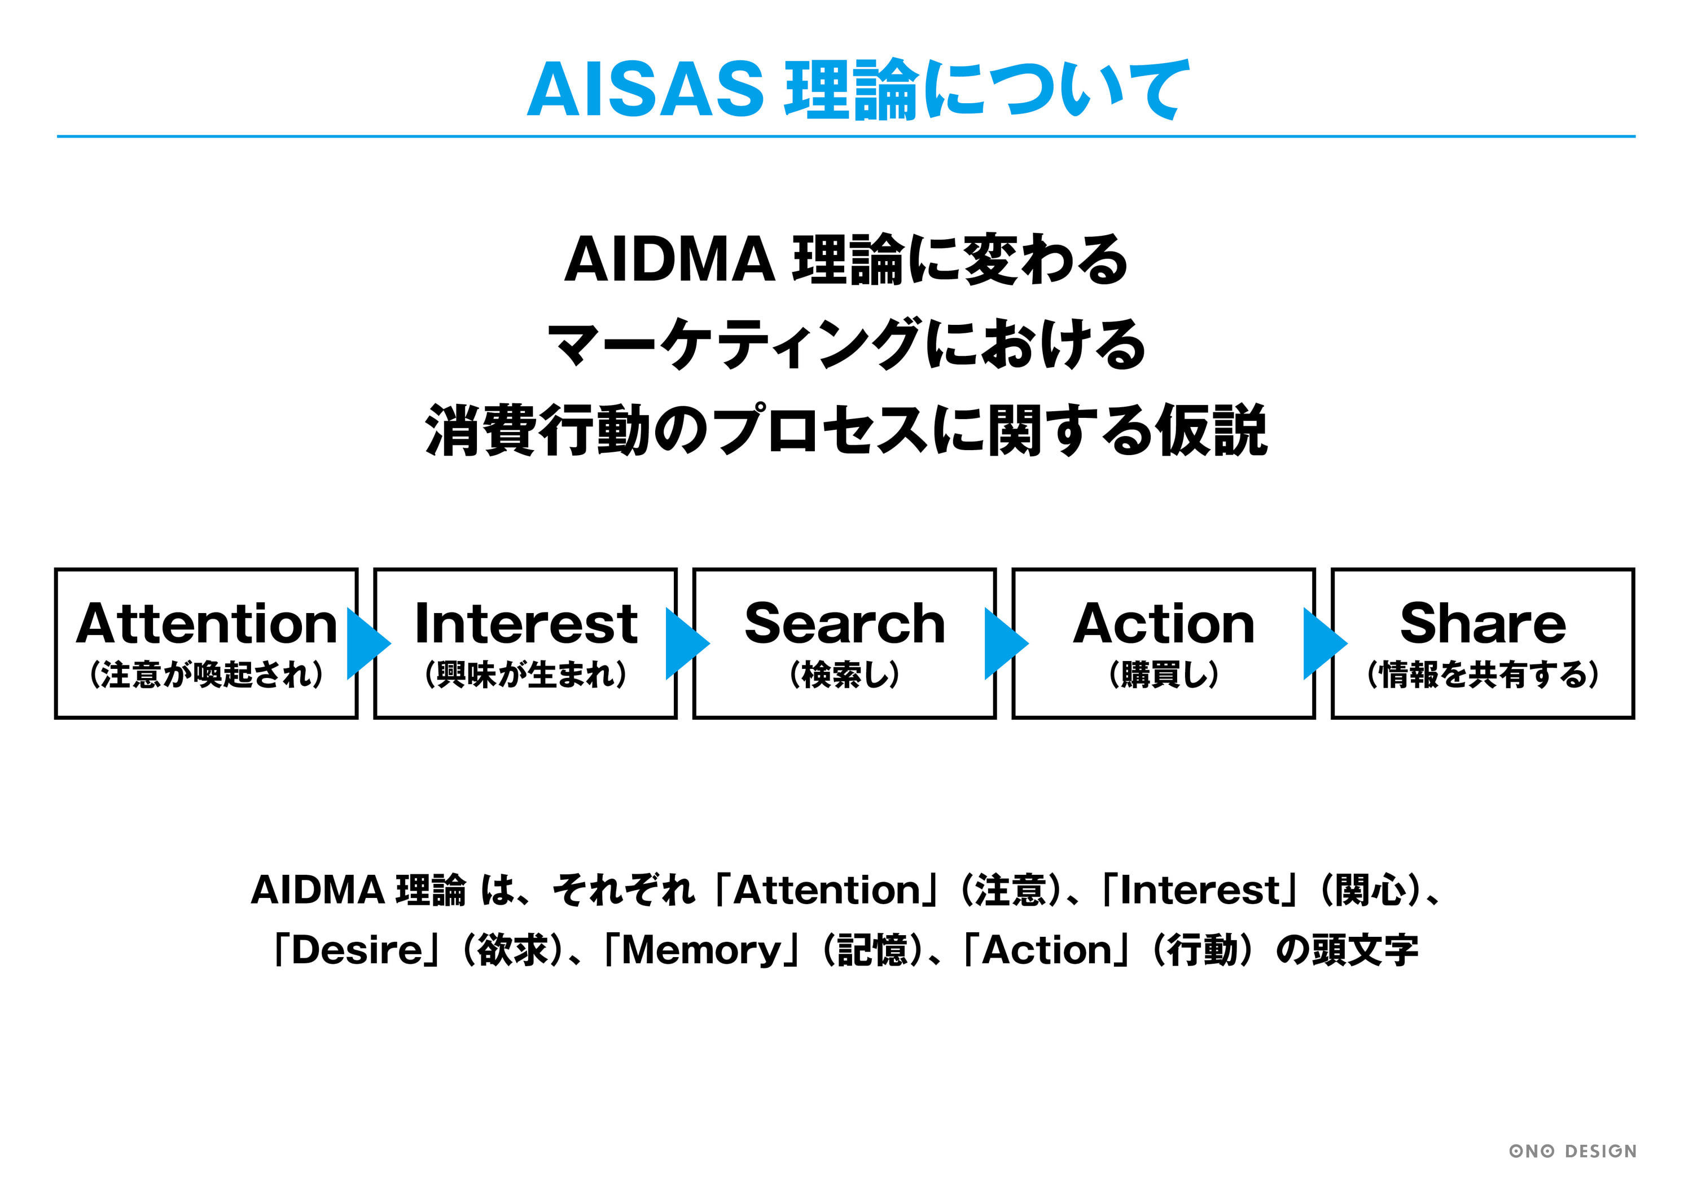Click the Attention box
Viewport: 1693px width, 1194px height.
coord(206,643)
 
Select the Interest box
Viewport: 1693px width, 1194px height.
coord(525,643)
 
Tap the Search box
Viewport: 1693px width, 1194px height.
coord(844,643)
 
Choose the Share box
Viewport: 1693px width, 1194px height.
coord(1483,643)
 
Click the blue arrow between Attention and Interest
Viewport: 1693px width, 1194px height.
coord(367,644)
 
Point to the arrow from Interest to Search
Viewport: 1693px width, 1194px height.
coord(686,644)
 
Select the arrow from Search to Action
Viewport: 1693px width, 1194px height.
coord(1005,644)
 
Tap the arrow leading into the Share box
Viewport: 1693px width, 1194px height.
coord(1323,644)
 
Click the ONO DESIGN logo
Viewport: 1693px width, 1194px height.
coord(1572,1151)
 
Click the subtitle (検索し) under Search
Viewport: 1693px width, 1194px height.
coord(844,675)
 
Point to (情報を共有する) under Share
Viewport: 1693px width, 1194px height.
coord(1483,675)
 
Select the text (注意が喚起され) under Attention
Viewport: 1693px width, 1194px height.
coord(206,675)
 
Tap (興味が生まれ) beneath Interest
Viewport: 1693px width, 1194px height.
coord(525,675)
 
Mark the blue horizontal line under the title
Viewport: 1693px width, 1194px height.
coord(846,136)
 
